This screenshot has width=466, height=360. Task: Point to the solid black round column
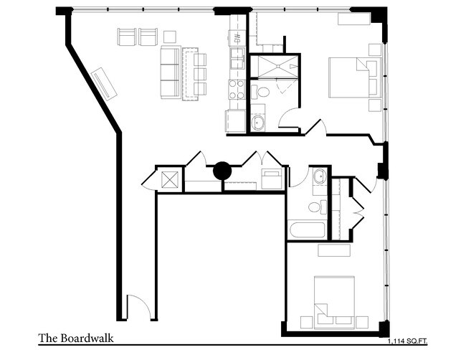point(222,171)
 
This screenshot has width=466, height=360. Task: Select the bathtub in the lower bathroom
point(306,230)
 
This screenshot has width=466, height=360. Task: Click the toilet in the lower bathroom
point(315,207)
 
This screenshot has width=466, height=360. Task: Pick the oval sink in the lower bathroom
point(319,176)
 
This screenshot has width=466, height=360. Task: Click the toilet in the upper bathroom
point(262,91)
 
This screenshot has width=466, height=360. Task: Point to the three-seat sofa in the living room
point(169,72)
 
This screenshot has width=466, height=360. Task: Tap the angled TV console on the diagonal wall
point(105,84)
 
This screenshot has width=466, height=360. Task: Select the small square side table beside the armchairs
point(170,37)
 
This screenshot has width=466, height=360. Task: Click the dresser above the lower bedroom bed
point(334,250)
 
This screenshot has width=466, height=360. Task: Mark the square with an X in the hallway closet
point(169,180)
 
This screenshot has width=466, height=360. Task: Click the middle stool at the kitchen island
point(200,73)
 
